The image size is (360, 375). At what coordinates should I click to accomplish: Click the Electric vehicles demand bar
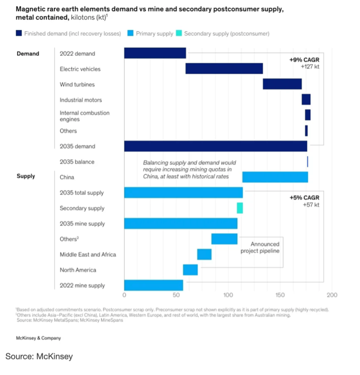(224, 69)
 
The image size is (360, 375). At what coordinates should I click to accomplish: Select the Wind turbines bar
(282, 84)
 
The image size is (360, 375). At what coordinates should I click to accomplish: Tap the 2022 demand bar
(155, 53)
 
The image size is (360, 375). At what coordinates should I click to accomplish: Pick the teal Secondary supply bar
(240, 208)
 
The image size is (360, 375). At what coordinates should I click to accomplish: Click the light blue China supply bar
(275, 177)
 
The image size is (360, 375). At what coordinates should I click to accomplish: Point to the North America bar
(190, 270)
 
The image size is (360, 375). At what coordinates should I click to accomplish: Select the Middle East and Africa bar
(204, 254)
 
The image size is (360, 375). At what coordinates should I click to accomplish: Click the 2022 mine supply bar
(154, 285)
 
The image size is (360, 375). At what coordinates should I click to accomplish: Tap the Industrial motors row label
(81, 100)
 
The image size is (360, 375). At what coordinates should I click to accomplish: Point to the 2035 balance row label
(77, 162)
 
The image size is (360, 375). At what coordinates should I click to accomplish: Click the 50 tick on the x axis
(176, 295)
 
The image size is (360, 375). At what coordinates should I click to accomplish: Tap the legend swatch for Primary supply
(131, 34)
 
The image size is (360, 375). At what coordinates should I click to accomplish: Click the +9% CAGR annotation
(304, 60)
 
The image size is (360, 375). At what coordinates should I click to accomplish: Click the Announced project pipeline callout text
(260, 248)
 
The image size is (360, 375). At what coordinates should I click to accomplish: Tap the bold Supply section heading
(26, 176)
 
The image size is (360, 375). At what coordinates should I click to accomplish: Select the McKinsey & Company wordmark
(38, 338)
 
